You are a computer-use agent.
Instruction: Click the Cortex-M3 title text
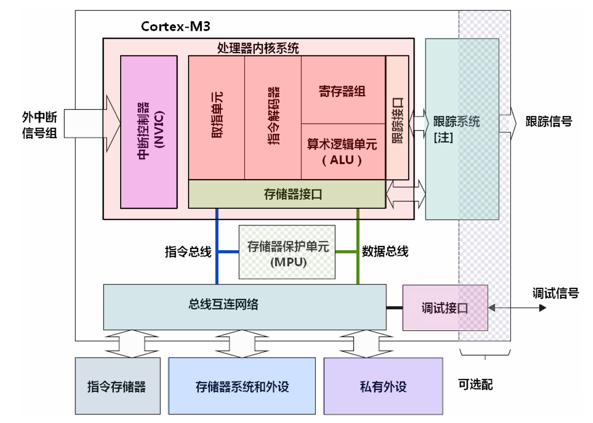(176, 26)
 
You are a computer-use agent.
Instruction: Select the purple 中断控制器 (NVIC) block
(149, 132)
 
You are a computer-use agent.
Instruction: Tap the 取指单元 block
(217, 117)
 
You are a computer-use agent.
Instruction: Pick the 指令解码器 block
(273, 117)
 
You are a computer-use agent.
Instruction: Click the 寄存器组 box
(343, 90)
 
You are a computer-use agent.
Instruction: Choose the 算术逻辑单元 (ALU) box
(343, 151)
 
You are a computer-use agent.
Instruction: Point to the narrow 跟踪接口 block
(397, 117)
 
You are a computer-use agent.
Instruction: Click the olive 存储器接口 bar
(286, 194)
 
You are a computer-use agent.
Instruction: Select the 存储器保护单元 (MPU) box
(287, 252)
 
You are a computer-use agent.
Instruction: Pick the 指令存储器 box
(117, 386)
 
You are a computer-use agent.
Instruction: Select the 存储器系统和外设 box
(242, 386)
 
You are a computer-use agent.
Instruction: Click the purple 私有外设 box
(383, 386)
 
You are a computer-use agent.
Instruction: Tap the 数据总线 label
(385, 252)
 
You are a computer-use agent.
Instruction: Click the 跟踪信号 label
(548, 122)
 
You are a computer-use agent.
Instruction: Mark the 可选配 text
(476, 385)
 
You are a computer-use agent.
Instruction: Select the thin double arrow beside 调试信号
(517, 308)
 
